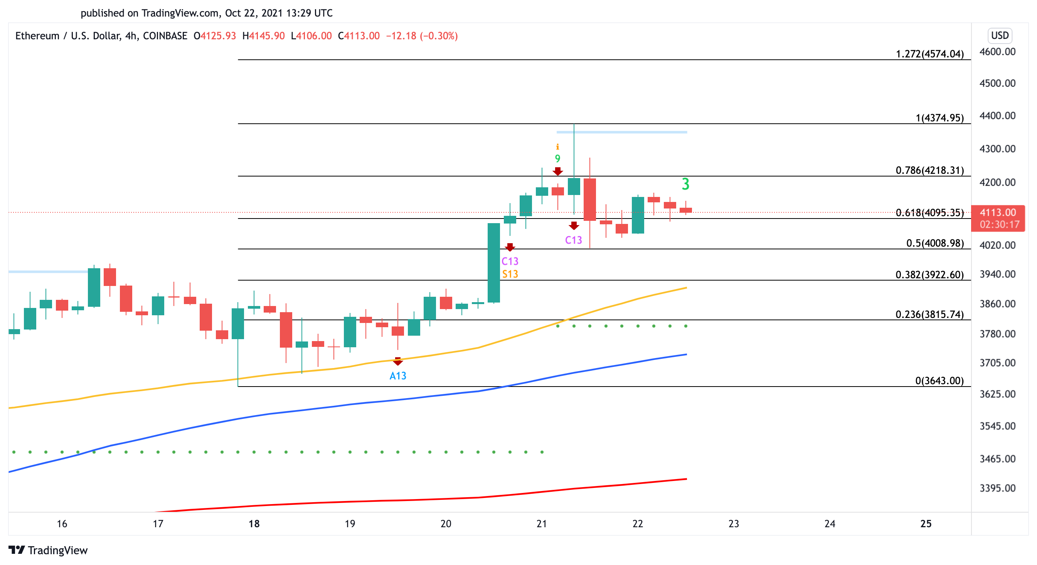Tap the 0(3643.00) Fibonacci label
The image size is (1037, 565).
coord(939,381)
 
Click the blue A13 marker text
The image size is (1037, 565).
coord(398,376)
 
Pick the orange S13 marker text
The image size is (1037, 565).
coord(510,274)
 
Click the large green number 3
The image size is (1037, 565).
coord(685,184)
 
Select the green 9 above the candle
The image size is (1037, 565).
coord(557,158)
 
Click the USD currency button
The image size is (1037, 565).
coord(999,35)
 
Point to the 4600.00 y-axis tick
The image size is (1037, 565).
coord(997,52)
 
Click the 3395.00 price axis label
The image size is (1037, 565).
coord(997,488)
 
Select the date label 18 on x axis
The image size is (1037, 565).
coord(254,523)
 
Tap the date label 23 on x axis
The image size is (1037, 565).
coord(734,523)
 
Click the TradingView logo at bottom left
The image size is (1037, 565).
coord(48,550)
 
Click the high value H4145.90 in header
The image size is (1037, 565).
coord(263,36)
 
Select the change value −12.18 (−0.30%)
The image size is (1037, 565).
coord(421,36)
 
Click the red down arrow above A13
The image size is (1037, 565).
coord(398,362)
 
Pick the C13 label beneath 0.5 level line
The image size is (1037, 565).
coord(510,261)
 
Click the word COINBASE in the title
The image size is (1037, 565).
coord(165,36)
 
